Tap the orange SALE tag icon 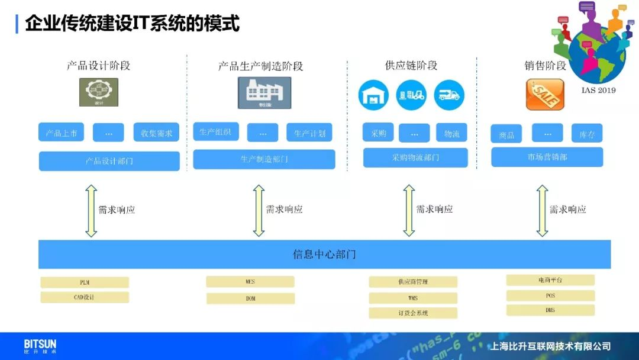pos(545,95)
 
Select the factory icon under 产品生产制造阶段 pos(264,93)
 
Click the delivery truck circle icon pos(449,95)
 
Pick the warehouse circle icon pos(373,95)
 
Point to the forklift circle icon pos(411,95)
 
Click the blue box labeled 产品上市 pos(62,133)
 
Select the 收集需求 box pos(156,133)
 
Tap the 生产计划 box pos(309,133)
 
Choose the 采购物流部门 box pos(415,157)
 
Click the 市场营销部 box pos(547,157)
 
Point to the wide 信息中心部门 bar pos(324,255)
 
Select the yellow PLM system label pos(85,282)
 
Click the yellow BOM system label pos(250,298)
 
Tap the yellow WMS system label pos(413,298)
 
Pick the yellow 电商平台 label pos(550,280)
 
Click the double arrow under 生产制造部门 pos(259,210)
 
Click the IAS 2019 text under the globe pos(598,90)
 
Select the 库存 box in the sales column pos(587,134)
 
